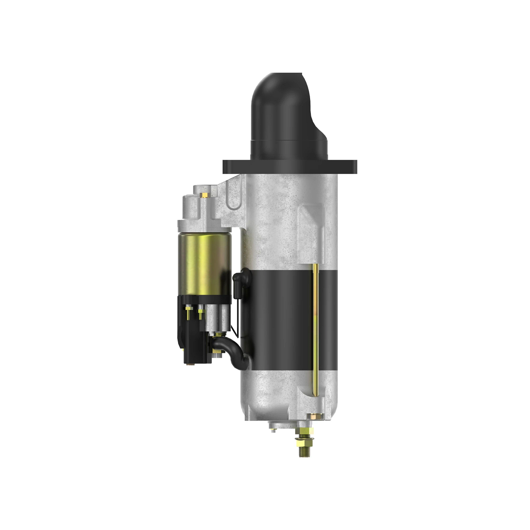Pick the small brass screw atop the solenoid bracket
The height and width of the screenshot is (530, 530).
point(205,194)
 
